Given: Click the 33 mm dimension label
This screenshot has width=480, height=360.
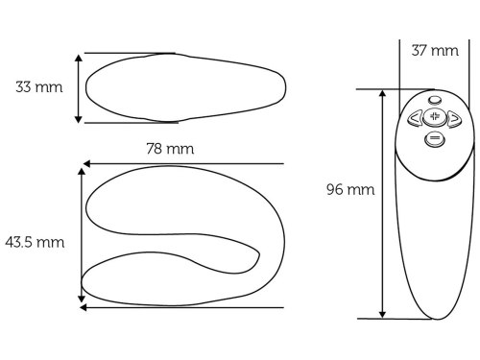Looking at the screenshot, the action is [39, 87].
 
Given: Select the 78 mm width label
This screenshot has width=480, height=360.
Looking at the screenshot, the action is [170, 149].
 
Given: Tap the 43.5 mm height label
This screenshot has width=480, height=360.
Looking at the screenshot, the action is [35, 242].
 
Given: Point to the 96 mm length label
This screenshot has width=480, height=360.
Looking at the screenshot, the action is [350, 189].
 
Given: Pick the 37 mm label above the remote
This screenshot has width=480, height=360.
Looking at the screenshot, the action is [435, 51].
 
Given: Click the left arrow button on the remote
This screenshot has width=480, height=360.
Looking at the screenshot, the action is [415, 118].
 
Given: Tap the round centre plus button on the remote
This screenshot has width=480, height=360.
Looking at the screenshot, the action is [434, 117].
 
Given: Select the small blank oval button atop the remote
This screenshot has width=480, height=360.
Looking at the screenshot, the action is [435, 100].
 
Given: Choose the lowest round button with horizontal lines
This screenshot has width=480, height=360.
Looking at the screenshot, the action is [435, 139].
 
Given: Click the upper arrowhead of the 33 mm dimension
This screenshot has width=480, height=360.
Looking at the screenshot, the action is [79, 58].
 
